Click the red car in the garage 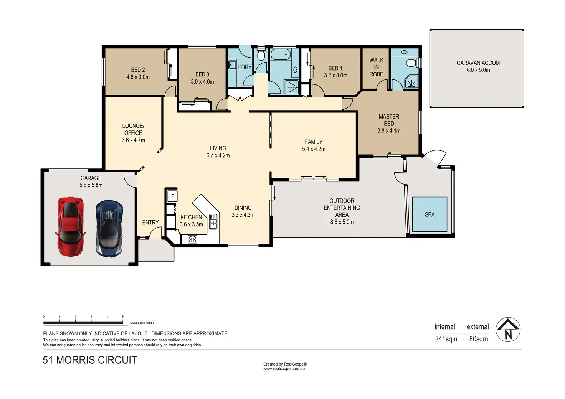[70, 227]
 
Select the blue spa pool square [430, 214]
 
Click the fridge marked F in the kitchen [172, 196]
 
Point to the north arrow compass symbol [508, 329]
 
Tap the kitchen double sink [213, 221]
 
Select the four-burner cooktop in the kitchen [192, 239]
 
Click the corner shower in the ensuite [411, 82]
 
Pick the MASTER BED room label [389, 120]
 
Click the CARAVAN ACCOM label [478, 63]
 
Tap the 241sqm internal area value [446, 339]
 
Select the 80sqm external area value [479, 339]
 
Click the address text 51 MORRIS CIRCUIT [90, 360]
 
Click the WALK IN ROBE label [376, 67]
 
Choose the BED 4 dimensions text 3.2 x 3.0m [335, 75]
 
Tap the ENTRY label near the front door [150, 222]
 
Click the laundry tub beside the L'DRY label [232, 64]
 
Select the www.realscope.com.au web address [284, 369]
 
